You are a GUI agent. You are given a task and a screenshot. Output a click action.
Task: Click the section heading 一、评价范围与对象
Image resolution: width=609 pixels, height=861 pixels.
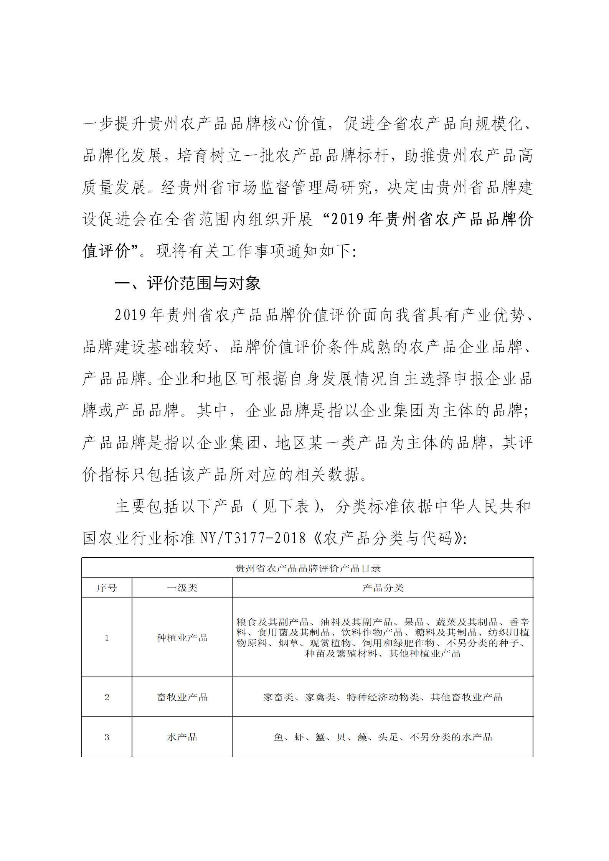click(187, 283)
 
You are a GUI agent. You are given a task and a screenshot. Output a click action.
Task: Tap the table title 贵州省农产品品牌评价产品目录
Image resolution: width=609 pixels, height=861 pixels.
click(307, 568)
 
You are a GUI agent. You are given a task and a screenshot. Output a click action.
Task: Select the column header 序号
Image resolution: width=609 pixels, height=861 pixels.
click(107, 588)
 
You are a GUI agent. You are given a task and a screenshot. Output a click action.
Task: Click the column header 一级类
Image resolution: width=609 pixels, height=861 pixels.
click(182, 588)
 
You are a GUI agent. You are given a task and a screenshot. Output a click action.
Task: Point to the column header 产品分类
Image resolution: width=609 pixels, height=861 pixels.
click(383, 588)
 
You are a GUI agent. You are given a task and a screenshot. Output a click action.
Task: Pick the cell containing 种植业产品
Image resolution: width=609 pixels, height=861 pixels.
click(182, 638)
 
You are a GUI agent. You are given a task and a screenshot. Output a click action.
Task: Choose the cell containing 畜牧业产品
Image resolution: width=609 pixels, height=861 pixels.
click(182, 697)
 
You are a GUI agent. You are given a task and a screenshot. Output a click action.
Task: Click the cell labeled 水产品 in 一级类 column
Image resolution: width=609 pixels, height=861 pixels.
click(182, 737)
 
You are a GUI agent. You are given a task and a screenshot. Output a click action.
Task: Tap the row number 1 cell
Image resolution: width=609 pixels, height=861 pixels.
click(107, 638)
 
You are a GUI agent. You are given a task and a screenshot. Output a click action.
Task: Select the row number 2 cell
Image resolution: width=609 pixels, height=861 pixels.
click(107, 697)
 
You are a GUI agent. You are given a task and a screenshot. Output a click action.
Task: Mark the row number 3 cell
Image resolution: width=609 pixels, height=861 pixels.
click(107, 737)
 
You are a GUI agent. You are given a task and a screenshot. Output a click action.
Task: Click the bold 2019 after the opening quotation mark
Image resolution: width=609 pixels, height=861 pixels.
click(347, 219)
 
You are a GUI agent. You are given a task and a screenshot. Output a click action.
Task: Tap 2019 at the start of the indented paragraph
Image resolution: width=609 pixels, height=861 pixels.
click(130, 315)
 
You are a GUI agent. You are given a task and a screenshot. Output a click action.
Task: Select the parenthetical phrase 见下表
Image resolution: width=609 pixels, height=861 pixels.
click(286, 506)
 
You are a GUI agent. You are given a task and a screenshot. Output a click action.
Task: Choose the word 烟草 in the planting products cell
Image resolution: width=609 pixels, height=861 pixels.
click(288, 643)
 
